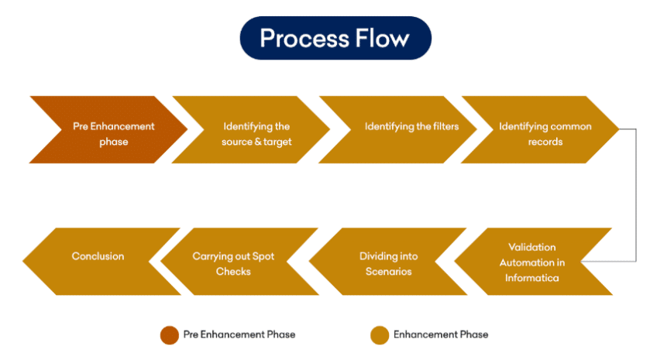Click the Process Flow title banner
[335, 38]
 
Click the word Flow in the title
[382, 39]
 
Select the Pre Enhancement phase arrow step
[108, 129]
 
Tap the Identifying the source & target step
[251, 129]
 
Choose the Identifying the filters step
[398, 129]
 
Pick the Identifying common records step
[540, 129]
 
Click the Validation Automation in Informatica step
[534, 262]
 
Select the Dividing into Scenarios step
[388, 262]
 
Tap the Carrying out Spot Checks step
[239, 262]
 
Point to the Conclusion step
[102, 262]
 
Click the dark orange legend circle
[170, 335]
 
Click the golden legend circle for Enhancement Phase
[380, 335]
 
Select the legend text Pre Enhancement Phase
[239, 334]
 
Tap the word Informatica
[532, 278]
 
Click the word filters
[445, 126]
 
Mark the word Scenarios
[388, 272]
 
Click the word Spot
[263, 257]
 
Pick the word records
[545, 142]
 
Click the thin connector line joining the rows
[636, 195]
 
